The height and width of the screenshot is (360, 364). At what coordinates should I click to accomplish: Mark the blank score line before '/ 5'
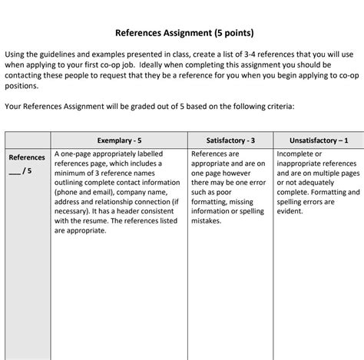click(x=15, y=171)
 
